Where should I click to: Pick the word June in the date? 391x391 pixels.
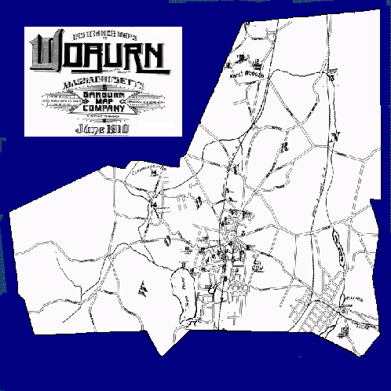pos(83,126)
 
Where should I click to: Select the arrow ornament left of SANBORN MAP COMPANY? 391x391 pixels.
pos(57,102)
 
